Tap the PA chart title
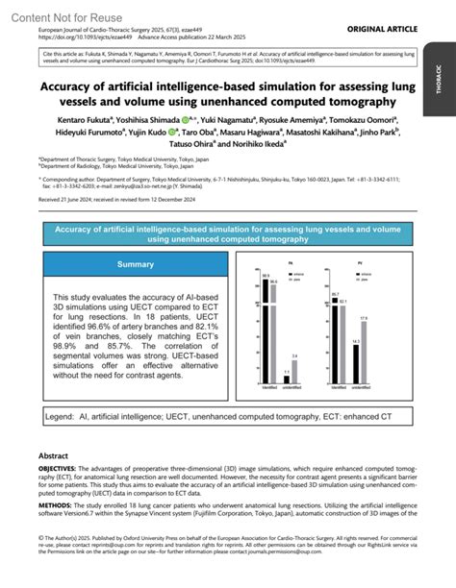pos(277,261)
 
